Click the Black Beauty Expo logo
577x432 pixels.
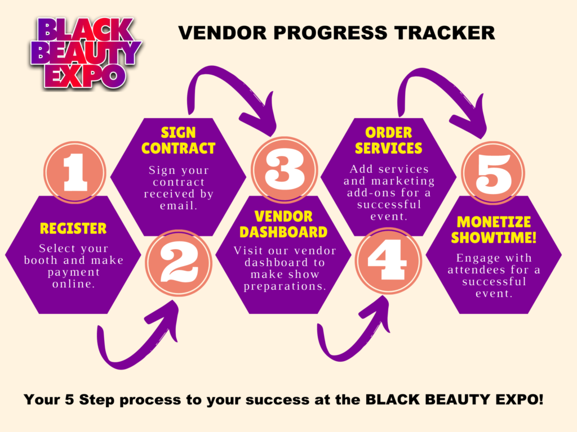click(x=86, y=53)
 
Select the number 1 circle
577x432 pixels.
click(x=75, y=172)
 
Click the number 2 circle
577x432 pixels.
click(x=179, y=262)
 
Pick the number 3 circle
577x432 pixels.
click(x=284, y=169)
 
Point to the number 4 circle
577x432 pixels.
click(x=388, y=260)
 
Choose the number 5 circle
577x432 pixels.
click(x=494, y=173)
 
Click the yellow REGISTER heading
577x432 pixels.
click(x=73, y=228)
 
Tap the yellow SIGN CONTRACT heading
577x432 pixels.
click(x=179, y=140)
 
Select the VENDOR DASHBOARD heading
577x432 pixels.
click(x=283, y=224)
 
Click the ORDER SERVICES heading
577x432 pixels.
click(x=389, y=140)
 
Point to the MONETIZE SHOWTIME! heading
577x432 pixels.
click(x=494, y=229)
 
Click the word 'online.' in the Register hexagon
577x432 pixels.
click(x=74, y=284)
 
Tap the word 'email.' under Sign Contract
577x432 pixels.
click(x=179, y=206)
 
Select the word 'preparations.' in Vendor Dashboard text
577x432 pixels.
click(x=285, y=286)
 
